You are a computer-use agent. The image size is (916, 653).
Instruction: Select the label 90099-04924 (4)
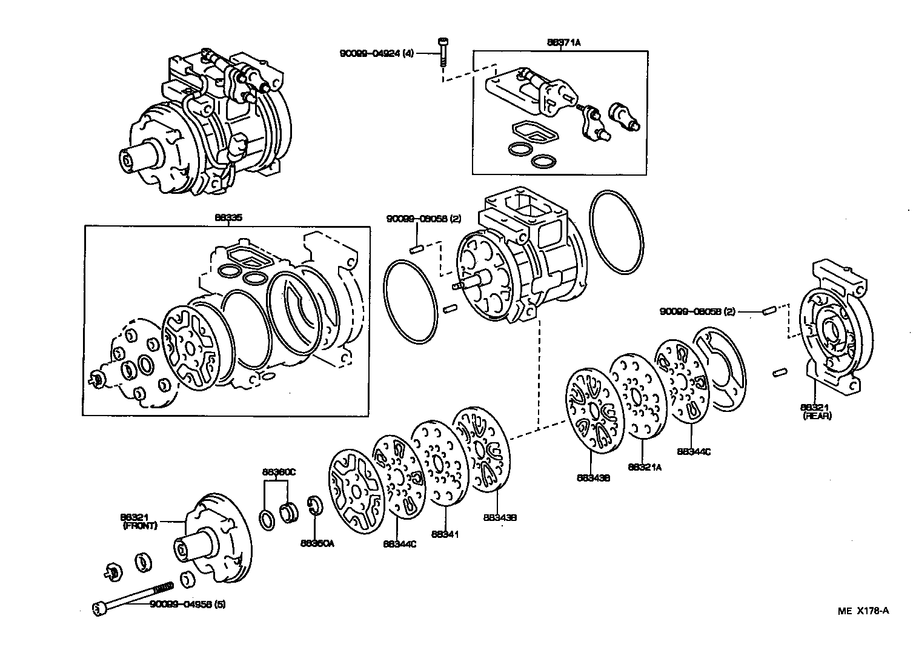(376, 54)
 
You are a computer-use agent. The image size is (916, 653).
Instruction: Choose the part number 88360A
(317, 543)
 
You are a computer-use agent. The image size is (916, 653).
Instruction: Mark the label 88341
(445, 534)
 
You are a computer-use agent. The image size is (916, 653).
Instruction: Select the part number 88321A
(645, 467)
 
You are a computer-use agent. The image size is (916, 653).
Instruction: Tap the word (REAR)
(817, 416)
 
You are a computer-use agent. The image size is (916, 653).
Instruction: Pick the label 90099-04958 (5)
(188, 605)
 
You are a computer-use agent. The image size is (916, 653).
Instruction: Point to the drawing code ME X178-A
(863, 611)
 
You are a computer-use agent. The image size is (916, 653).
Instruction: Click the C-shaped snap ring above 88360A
(314, 506)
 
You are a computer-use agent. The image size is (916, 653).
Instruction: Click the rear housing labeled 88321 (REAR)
(830, 328)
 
